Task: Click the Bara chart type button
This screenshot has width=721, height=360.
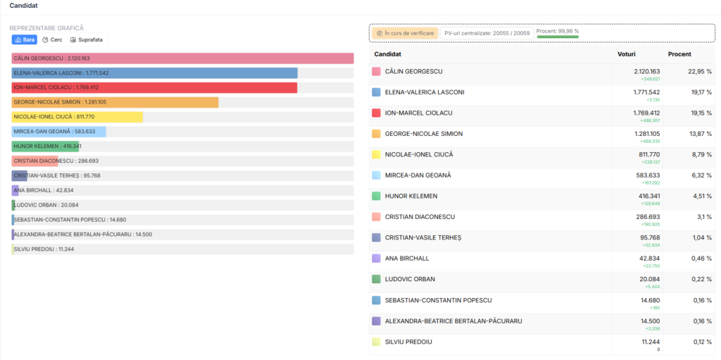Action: click(25, 39)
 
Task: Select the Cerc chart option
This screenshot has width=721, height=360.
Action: click(52, 39)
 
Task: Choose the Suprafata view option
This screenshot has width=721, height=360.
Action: click(87, 39)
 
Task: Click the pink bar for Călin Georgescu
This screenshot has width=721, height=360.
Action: click(182, 58)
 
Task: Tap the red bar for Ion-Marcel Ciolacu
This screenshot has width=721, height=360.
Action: click(154, 88)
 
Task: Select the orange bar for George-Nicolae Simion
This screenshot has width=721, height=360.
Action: click(115, 102)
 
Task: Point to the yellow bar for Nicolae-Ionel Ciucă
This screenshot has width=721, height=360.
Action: click(77, 117)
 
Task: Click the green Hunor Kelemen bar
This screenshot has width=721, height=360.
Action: click(46, 147)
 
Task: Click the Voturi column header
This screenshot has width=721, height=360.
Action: click(626, 54)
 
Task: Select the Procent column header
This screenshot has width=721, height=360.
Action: click(679, 54)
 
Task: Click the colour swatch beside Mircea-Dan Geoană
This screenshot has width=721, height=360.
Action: click(376, 175)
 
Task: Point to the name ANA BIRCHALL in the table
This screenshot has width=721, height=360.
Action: click(407, 259)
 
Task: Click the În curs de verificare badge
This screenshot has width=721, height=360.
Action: click(405, 33)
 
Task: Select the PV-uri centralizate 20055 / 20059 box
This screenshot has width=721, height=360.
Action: click(487, 33)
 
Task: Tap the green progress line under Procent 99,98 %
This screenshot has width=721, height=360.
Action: click(558, 37)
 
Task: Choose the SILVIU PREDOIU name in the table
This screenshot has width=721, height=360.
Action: click(408, 342)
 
